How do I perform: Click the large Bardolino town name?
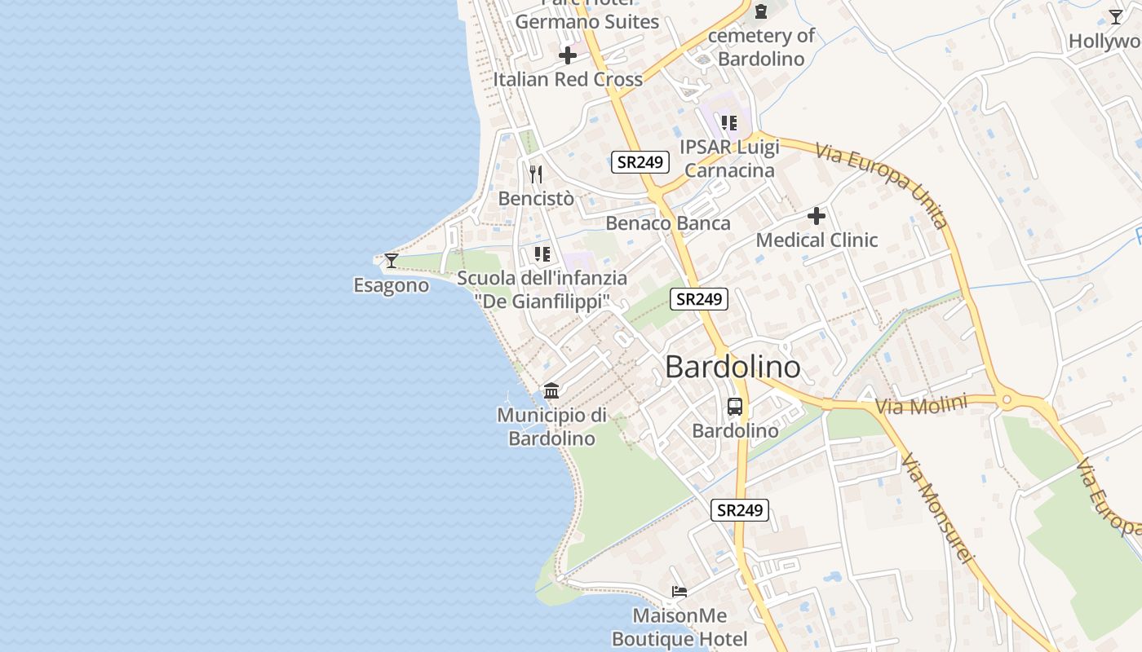tap(733, 367)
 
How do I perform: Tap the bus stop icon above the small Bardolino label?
tap(735, 406)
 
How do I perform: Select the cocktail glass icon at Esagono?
tap(392, 261)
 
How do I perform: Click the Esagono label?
tap(391, 285)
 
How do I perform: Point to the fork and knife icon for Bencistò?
tap(536, 174)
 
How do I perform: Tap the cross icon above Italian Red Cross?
tap(568, 55)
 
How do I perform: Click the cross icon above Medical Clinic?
tap(817, 216)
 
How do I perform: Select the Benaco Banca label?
tap(668, 223)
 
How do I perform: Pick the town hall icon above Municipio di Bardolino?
tap(551, 391)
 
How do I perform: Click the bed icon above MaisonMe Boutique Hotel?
tap(679, 591)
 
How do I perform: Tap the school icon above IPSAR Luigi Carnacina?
tap(729, 123)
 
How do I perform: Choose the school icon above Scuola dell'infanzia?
tap(542, 254)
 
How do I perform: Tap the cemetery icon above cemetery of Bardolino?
tap(761, 11)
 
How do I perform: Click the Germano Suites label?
tap(586, 22)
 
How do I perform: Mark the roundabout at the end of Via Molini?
tap(1007, 399)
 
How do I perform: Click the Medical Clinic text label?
tap(817, 240)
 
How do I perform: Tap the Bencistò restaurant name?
tap(536, 198)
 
